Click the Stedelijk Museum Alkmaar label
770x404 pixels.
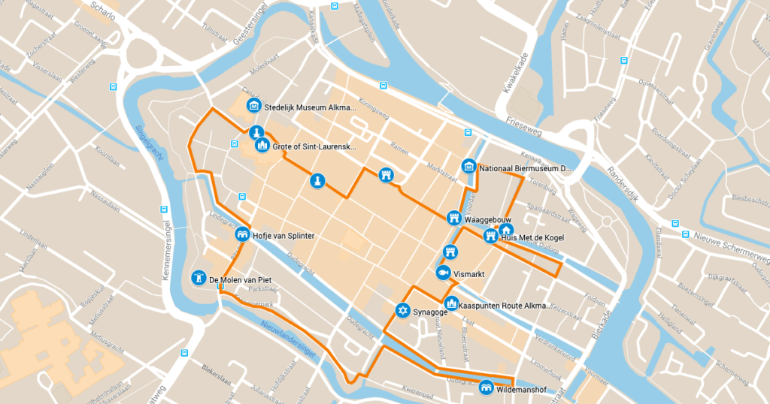pos(311,107)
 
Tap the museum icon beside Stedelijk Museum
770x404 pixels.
pos(254,106)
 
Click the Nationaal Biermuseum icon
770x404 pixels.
pos(469,166)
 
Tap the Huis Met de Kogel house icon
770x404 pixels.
pos(506,231)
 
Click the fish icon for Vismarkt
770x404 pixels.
pos(444,273)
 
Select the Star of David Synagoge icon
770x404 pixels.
pos(403,310)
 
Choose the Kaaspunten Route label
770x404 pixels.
pos(505,306)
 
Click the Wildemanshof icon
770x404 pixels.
pos(487,388)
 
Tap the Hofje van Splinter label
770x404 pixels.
pos(283,236)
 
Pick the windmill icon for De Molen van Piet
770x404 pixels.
pos(199,278)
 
